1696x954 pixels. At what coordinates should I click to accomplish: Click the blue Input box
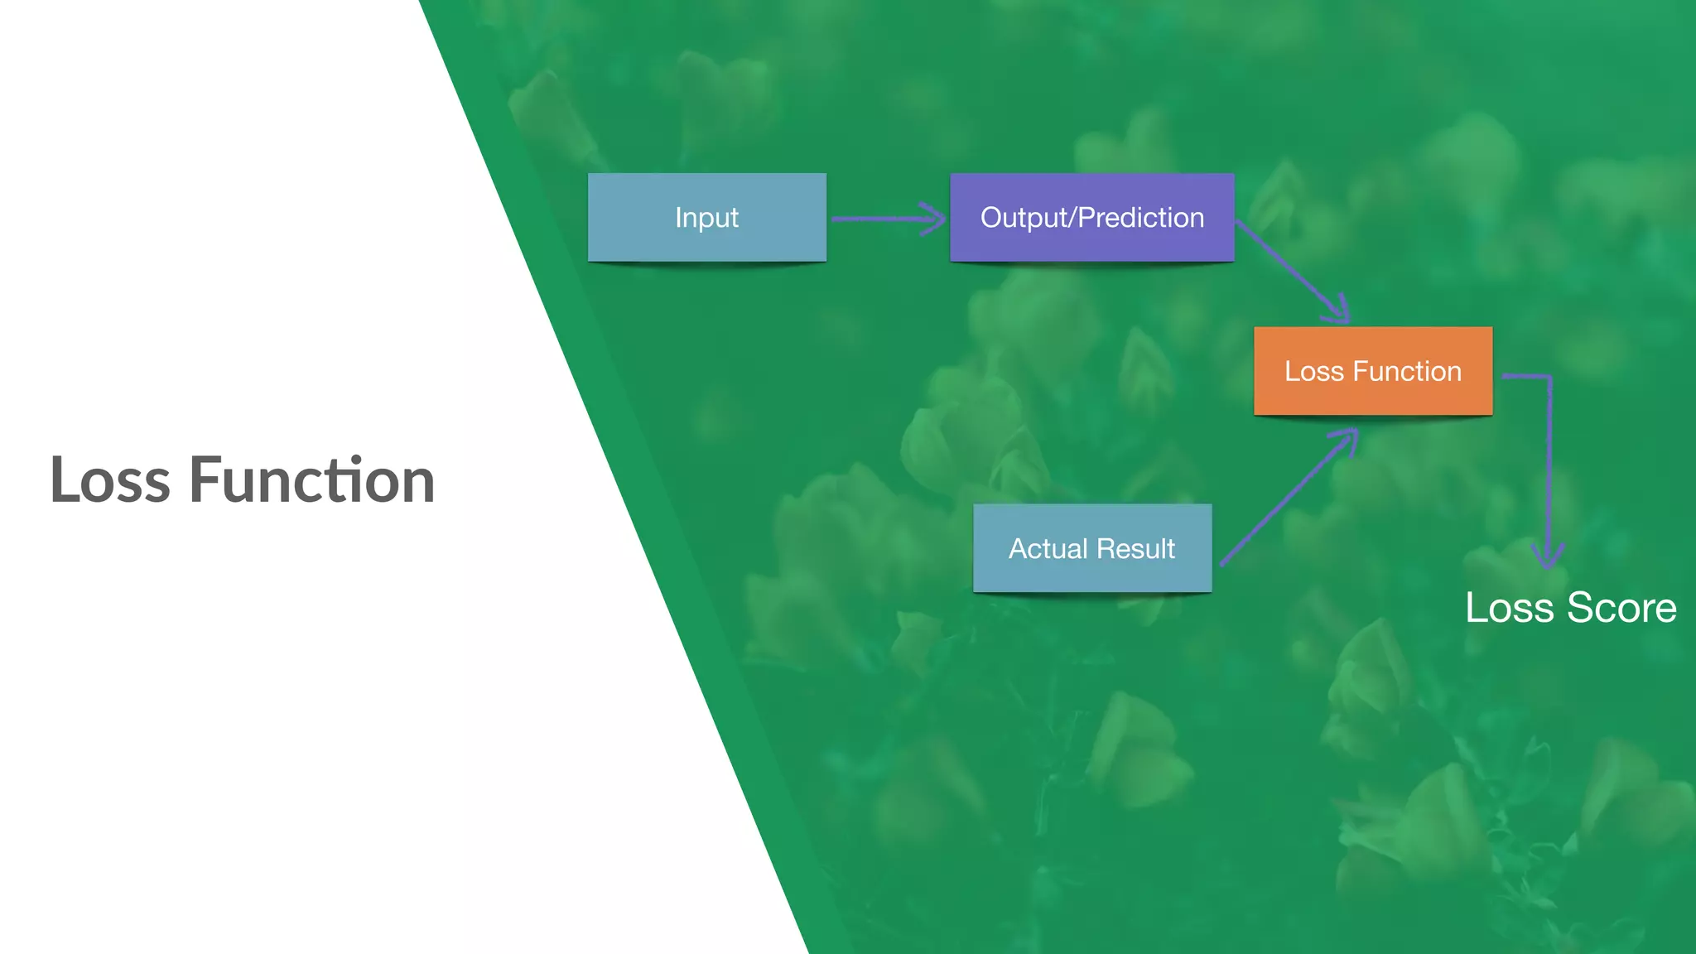click(706, 217)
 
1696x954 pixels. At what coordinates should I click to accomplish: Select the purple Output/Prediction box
click(1091, 217)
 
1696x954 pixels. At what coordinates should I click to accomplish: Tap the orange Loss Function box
click(1372, 370)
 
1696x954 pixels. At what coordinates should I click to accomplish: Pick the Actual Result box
click(1091, 547)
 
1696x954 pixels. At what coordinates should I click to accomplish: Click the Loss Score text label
click(1570, 607)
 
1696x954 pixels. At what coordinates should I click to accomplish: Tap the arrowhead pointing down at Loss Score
click(1548, 555)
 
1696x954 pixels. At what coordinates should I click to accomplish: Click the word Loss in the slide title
click(110, 480)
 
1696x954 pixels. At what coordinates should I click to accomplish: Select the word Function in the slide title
click(311, 480)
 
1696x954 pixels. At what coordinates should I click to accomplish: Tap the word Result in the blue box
click(1135, 548)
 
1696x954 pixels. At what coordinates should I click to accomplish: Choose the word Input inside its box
click(706, 217)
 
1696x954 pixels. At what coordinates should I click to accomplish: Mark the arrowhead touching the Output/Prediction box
click(934, 219)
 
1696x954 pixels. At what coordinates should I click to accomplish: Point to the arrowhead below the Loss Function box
click(1347, 439)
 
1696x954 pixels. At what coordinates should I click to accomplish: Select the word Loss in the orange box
click(1313, 371)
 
